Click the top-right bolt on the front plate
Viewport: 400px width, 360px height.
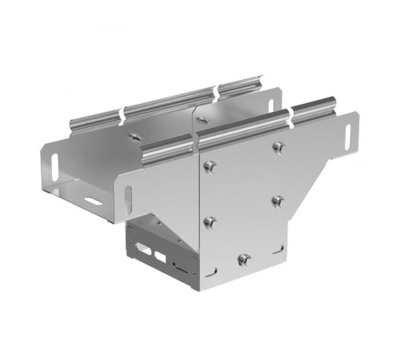pyautogui.click(x=278, y=146)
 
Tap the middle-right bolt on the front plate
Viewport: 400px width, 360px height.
pyautogui.click(x=277, y=199)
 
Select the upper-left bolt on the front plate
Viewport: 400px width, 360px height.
pyautogui.click(x=209, y=166)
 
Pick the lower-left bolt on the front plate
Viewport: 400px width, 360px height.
pyautogui.click(x=210, y=221)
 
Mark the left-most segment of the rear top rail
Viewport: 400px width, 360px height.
pyautogui.click(x=94, y=122)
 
